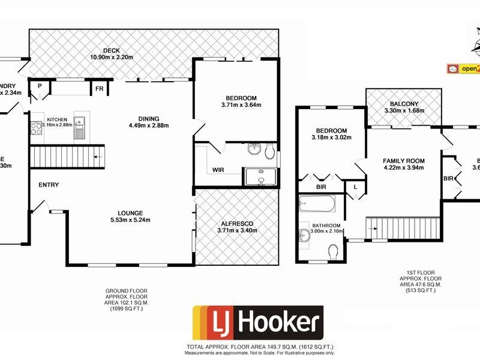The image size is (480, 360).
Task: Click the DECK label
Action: tap(112, 50)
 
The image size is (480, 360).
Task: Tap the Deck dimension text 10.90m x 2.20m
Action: tap(112, 57)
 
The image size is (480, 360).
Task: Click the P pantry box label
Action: tap(39, 86)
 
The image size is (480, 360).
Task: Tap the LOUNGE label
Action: tap(130, 212)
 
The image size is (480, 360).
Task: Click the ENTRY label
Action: tap(49, 185)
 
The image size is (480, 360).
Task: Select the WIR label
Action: tap(218, 170)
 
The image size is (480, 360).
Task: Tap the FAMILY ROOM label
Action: tap(404, 161)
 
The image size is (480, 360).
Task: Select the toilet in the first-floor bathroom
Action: tap(334, 249)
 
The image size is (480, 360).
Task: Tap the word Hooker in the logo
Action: tap(277, 323)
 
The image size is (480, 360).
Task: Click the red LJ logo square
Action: tap(211, 323)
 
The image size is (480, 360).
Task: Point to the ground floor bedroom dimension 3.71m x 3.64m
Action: tap(241, 106)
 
